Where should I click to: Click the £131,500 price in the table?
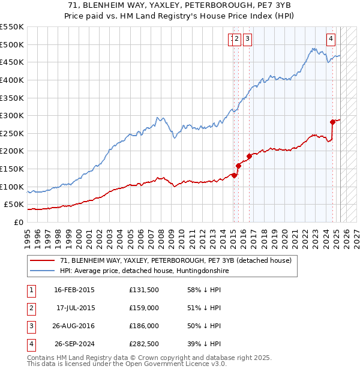[x=144, y=290]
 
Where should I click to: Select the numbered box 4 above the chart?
[x=331, y=40]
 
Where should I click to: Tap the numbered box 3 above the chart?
[x=247, y=40]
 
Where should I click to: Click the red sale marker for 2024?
[x=332, y=122]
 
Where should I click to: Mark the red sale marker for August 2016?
[x=249, y=156]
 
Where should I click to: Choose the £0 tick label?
[x=19, y=222]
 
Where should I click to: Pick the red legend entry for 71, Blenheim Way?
[x=175, y=260]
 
